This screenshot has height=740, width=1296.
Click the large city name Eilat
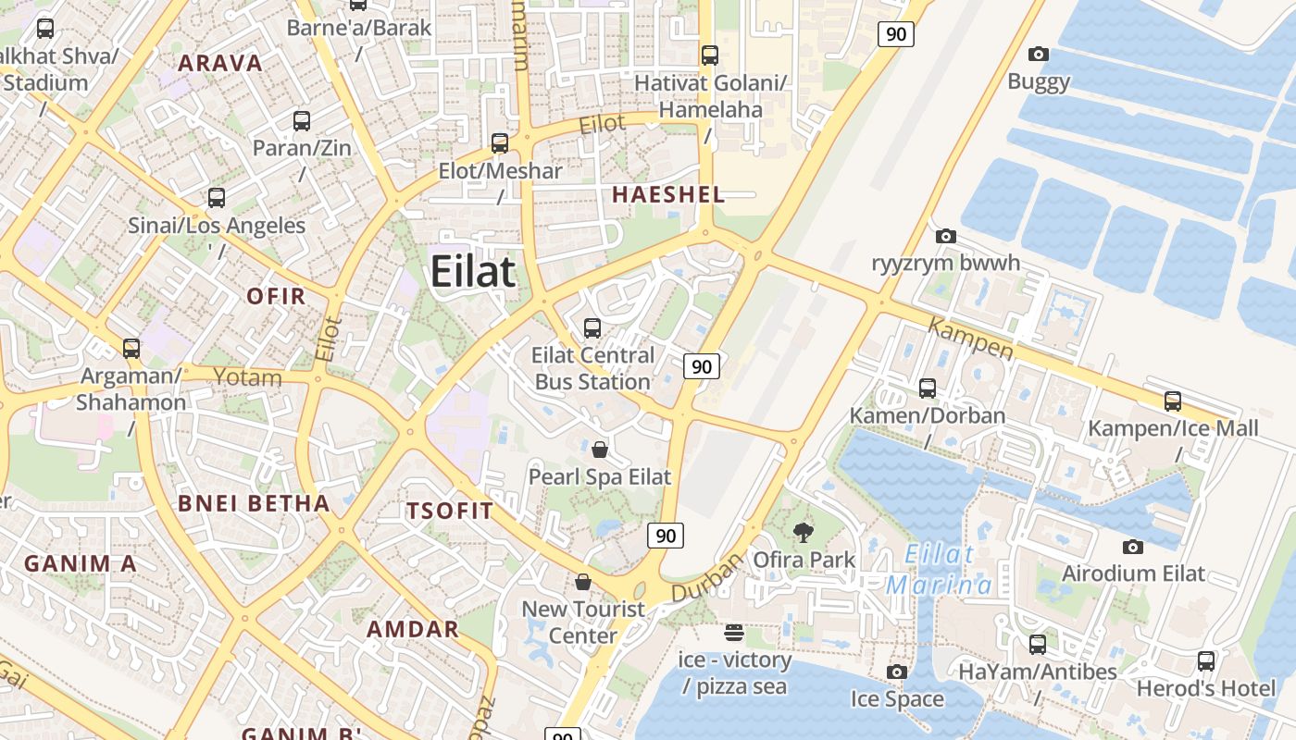click(473, 272)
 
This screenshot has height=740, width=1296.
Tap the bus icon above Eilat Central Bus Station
click(592, 327)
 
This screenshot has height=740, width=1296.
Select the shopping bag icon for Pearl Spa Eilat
click(600, 450)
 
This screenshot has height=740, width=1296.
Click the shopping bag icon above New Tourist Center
click(583, 581)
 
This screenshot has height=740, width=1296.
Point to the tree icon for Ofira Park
click(804, 532)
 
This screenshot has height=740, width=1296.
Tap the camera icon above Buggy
click(1039, 55)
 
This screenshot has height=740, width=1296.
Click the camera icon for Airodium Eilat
click(1132, 547)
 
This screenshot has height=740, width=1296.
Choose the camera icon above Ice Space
click(896, 672)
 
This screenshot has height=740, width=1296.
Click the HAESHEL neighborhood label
click(668, 194)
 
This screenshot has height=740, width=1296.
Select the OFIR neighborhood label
click(276, 296)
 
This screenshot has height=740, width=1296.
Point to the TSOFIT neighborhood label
click(450, 511)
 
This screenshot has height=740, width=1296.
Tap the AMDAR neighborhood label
click(413, 629)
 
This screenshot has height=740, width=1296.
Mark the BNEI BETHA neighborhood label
click(253, 503)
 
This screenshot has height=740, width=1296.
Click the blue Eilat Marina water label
click(940, 570)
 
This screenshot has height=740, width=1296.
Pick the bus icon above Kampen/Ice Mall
click(1173, 401)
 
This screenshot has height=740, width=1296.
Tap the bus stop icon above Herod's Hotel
click(1206, 661)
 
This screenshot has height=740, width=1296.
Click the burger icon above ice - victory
click(734, 633)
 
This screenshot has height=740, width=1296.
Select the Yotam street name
click(247, 376)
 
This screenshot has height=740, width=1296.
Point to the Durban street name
click(707, 577)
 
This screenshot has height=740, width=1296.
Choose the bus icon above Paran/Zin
click(302, 120)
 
